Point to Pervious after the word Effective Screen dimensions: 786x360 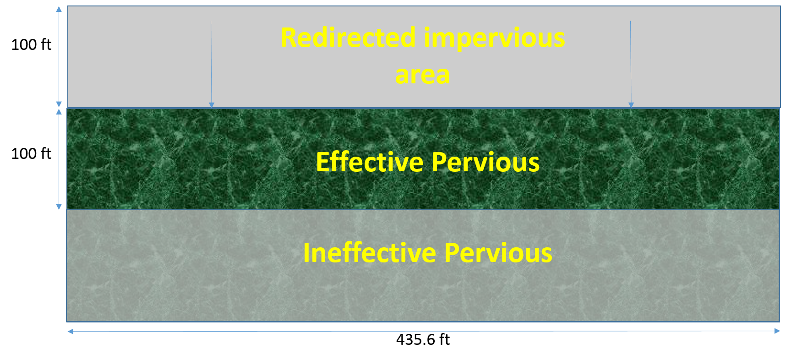[x=486, y=162]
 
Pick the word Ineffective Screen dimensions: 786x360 [x=370, y=252]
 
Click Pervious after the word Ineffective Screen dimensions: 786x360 [x=498, y=253]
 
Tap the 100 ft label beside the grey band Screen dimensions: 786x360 [x=31, y=44]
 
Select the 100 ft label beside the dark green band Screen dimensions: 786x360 [x=31, y=153]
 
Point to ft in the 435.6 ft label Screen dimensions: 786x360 [x=444, y=339]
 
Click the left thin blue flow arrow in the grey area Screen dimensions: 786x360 [x=211, y=64]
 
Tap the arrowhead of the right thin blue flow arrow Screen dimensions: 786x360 [x=631, y=105]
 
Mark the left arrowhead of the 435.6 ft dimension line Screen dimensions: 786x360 [x=71, y=332]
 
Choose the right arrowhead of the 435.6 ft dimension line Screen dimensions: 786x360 [x=777, y=331]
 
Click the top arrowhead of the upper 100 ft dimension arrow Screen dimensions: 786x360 [x=59, y=9]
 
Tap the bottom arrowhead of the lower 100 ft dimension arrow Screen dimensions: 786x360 [x=59, y=207]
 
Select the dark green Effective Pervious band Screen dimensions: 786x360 [x=423, y=159]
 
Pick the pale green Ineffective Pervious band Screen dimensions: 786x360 [x=423, y=266]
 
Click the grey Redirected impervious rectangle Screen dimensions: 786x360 [x=424, y=57]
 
